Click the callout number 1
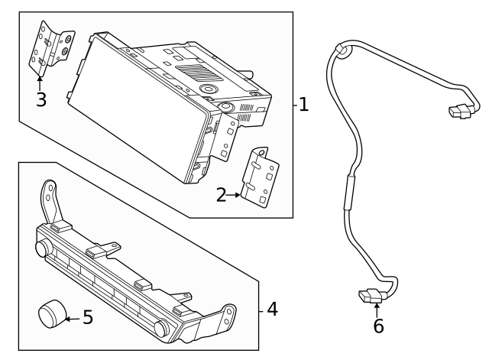[304, 105]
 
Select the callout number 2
[221, 196]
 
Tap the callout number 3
[40, 99]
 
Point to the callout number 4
[273, 310]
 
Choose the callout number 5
[87, 317]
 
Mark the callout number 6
[378, 326]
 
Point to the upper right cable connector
[460, 112]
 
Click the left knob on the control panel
[44, 249]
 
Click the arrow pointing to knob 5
[71, 317]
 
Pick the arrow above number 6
[377, 308]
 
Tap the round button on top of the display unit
[208, 89]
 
